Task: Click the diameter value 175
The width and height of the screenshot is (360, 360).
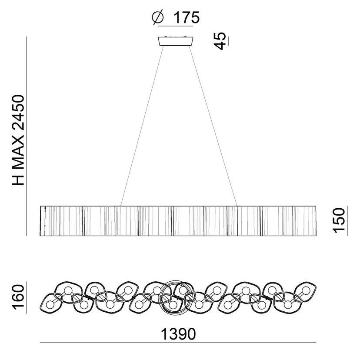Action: (187, 17)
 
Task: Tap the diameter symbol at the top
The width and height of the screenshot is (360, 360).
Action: (158, 17)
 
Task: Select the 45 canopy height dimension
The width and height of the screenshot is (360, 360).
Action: (220, 41)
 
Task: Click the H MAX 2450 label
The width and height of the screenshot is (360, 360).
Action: (18, 140)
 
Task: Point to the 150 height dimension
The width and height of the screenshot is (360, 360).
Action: (339, 220)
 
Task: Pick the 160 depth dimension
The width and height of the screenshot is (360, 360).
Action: (18, 297)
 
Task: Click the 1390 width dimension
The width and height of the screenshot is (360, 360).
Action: (178, 334)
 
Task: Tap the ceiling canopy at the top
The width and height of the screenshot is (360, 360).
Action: (176, 41)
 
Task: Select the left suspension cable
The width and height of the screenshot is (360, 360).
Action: (142, 126)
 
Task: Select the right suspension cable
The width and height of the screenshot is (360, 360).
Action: (213, 126)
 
